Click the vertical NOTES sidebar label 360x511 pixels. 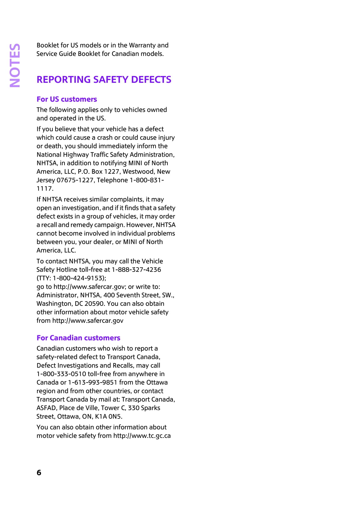15,65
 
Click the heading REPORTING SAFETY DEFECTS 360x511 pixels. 104,80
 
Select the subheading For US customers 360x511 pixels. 67,99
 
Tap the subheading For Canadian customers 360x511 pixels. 78,338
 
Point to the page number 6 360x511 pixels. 39,472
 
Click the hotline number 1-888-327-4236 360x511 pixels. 136,270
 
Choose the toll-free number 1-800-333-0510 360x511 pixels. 61,374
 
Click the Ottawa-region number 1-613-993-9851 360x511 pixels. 93,382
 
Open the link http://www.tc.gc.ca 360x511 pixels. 142,436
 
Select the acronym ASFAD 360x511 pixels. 46,408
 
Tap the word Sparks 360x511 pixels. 151,408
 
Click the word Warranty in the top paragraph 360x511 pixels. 142,45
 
